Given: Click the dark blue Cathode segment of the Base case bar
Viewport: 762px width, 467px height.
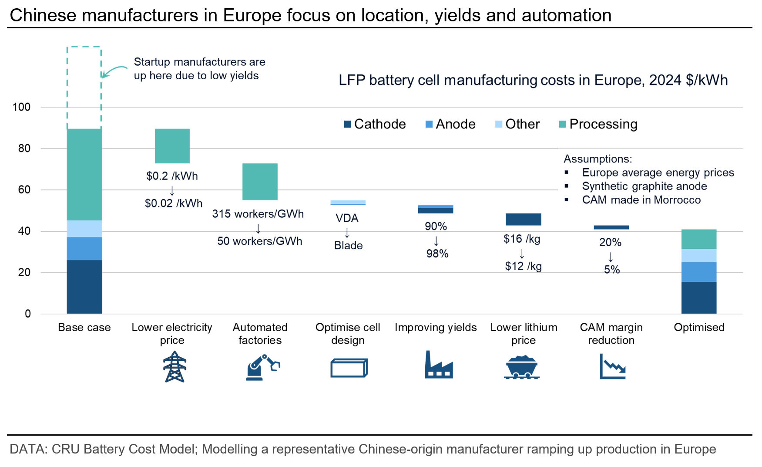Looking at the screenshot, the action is [84, 287].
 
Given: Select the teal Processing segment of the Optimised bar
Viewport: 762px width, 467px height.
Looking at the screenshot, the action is [698, 239].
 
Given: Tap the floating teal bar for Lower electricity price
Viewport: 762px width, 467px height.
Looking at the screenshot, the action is [172, 146].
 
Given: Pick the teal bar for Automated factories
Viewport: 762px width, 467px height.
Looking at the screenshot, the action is [260, 182].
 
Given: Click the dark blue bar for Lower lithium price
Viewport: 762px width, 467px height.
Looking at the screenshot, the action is [523, 219].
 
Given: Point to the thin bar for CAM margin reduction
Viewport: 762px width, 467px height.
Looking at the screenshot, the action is [611, 227].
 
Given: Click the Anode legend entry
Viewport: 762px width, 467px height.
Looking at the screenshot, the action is [450, 124].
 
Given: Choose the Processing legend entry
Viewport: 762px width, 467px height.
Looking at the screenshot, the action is [598, 124].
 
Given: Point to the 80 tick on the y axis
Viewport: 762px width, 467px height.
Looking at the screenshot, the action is [24, 148].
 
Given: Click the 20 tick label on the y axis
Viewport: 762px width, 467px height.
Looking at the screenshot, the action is [24, 272].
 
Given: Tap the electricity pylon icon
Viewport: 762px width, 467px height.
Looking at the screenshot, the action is [175, 367].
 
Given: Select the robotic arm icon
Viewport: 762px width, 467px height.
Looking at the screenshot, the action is [262, 368].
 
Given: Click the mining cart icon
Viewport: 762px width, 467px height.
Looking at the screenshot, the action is [522, 367].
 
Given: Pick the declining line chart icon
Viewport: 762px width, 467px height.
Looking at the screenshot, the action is [612, 366].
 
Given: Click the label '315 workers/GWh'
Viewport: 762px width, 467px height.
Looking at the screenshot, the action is [258, 214].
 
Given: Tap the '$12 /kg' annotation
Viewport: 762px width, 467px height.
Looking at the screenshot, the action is [524, 266].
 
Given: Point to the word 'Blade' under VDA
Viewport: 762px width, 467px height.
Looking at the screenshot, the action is [348, 245].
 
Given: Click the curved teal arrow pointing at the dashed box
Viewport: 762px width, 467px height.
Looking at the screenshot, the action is [114, 71].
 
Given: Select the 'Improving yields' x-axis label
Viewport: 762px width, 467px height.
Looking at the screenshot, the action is [436, 327].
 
